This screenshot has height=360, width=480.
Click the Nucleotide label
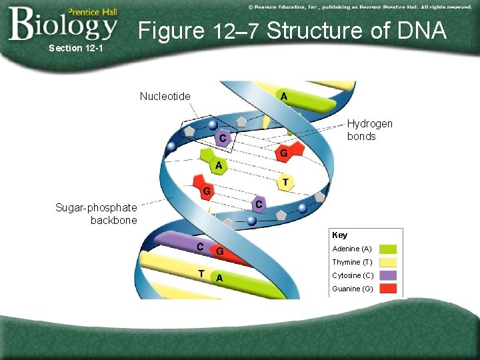click(165, 97)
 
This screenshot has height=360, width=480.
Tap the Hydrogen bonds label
click(369, 130)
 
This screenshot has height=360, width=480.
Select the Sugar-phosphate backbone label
click(96, 214)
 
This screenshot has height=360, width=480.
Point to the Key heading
click(339, 235)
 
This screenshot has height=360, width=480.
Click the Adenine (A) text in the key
click(352, 249)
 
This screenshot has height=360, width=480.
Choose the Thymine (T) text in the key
click(351, 262)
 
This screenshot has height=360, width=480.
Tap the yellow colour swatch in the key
click(388, 262)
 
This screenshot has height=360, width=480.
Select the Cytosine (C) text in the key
click(352, 275)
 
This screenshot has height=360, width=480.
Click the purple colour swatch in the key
click(388, 275)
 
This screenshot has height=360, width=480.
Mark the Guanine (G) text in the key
click(352, 289)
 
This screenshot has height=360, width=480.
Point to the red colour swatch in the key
click(388, 289)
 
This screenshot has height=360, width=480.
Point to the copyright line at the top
click(359, 7)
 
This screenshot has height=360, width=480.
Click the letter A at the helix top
click(285, 96)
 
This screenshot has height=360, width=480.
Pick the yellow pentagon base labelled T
click(286, 183)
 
